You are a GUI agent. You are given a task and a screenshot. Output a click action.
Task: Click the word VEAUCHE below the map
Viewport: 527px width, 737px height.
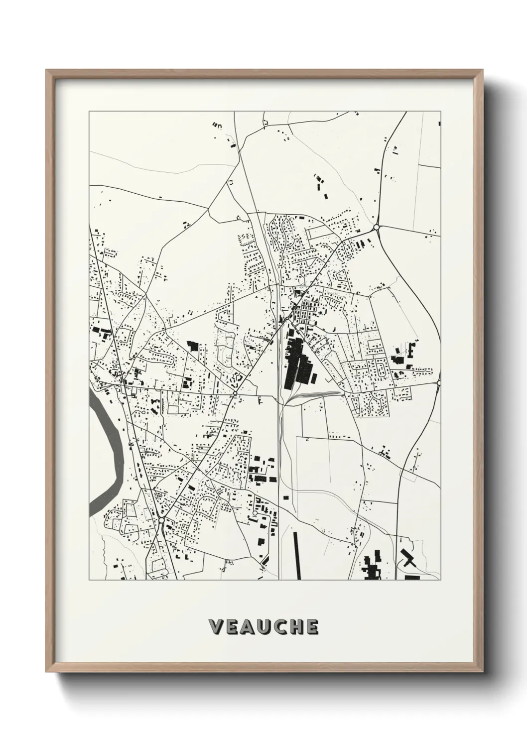(263, 627)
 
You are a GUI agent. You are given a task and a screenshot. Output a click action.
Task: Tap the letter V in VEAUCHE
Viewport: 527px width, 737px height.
(216, 627)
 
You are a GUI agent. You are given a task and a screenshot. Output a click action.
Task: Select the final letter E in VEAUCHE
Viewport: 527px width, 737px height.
(311, 627)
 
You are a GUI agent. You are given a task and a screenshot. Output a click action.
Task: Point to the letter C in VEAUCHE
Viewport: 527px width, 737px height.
(279, 627)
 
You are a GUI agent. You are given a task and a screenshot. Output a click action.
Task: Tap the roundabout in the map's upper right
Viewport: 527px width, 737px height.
(377, 228)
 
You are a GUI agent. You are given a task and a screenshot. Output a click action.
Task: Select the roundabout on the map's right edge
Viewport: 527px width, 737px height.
(439, 382)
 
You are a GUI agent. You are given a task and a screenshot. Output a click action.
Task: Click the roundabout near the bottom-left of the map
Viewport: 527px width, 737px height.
(161, 520)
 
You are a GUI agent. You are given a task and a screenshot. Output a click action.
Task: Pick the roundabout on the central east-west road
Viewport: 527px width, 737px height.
(234, 394)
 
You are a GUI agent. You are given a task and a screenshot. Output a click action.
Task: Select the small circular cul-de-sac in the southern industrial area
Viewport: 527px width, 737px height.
(255, 513)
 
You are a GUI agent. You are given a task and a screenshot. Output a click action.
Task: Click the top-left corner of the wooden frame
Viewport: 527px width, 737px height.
(47, 71)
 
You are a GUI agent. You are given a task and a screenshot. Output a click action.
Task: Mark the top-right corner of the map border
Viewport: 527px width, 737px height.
(440, 112)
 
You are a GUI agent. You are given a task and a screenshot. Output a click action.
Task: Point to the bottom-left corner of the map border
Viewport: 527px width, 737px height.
(89, 580)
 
